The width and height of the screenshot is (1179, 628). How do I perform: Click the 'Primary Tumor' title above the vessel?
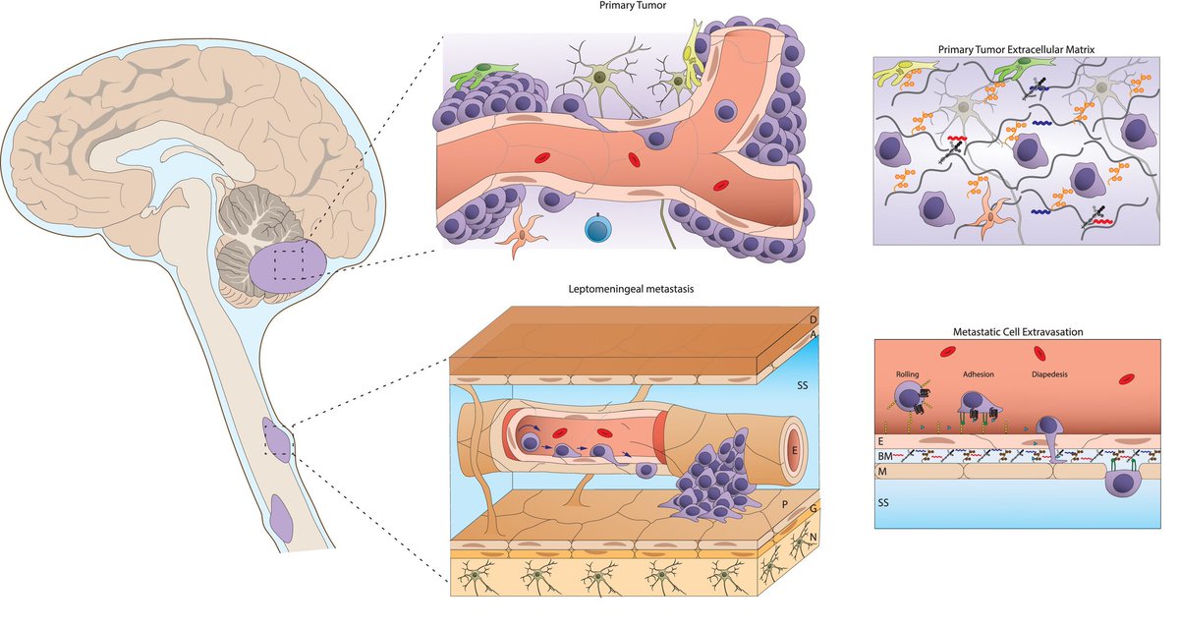[634, 6]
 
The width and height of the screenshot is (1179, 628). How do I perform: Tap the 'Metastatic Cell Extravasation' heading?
[1017, 331]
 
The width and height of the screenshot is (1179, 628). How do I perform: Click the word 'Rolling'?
[908, 374]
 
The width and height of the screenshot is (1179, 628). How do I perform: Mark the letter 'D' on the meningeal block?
[812, 320]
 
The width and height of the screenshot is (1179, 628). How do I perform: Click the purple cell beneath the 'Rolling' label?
[912, 397]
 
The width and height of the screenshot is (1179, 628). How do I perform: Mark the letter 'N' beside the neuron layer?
[812, 537]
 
